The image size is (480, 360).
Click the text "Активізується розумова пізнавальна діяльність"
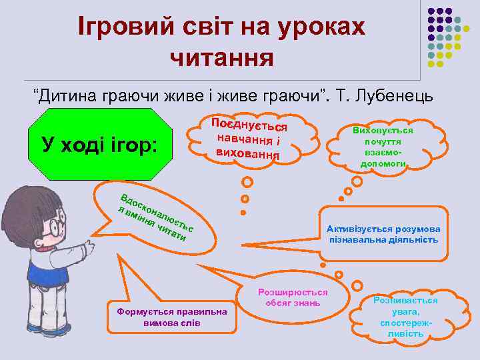[383, 233]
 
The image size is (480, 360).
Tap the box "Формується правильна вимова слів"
[171, 317]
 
